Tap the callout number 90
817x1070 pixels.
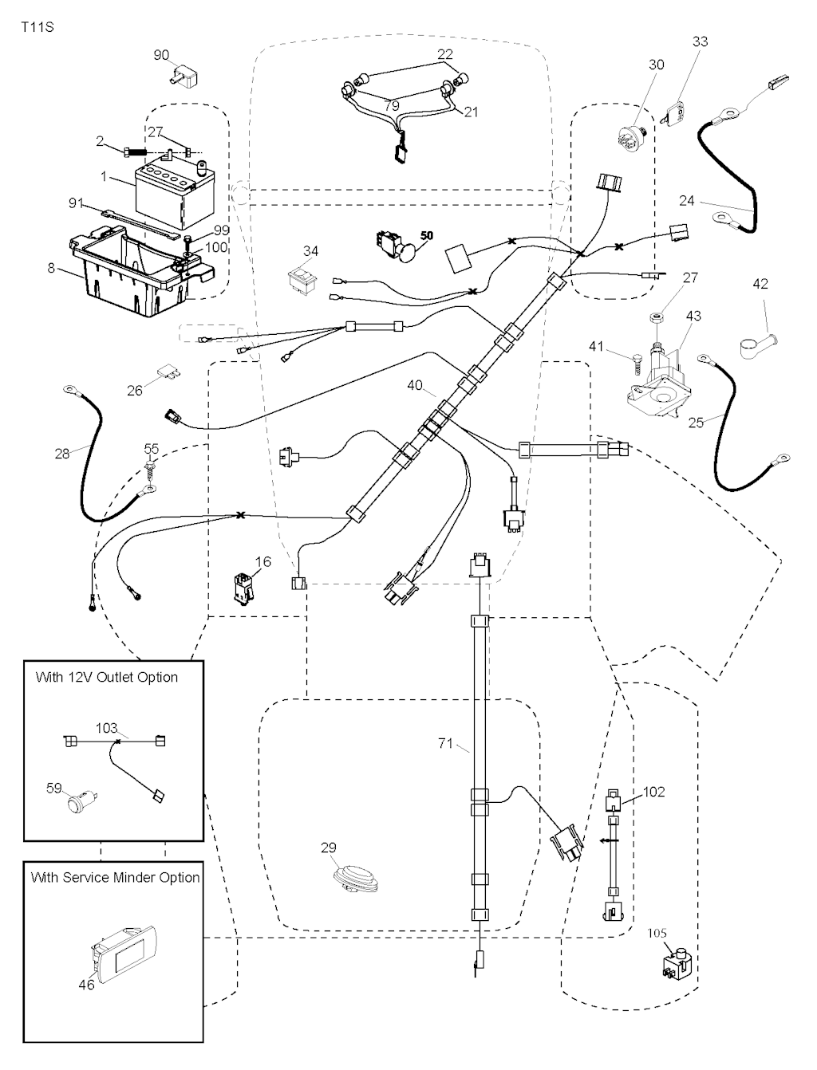coord(161,55)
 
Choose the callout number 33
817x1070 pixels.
coord(700,41)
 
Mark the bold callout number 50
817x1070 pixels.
coord(427,236)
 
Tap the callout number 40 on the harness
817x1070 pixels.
coord(415,386)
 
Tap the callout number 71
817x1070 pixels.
coord(445,744)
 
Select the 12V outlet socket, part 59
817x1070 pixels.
coord(80,800)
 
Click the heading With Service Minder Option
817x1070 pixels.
coord(115,877)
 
